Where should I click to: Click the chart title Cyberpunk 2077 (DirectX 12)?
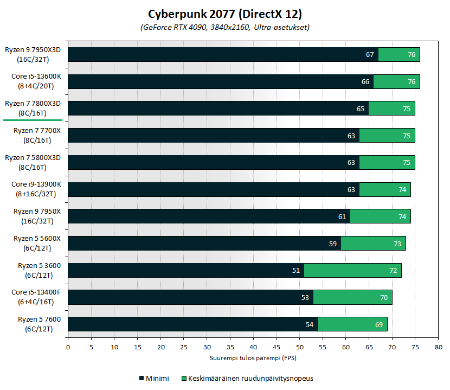[x=225, y=14]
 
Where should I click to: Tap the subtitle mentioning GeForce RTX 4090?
[x=225, y=27]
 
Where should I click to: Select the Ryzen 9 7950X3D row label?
[x=33, y=54]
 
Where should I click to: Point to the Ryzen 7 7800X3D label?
[x=33, y=108]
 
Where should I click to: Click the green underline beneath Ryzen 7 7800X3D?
[x=33, y=120]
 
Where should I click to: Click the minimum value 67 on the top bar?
[x=370, y=55]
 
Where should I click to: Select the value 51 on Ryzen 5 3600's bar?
[x=296, y=270]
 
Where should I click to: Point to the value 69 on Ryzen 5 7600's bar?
[x=379, y=324]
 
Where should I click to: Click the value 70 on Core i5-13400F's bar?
[x=384, y=297]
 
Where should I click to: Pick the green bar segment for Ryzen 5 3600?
[x=352, y=270]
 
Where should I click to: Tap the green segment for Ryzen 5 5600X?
[x=373, y=243]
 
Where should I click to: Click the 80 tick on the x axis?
[x=438, y=347]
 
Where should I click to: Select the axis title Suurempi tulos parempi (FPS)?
[x=253, y=358]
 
